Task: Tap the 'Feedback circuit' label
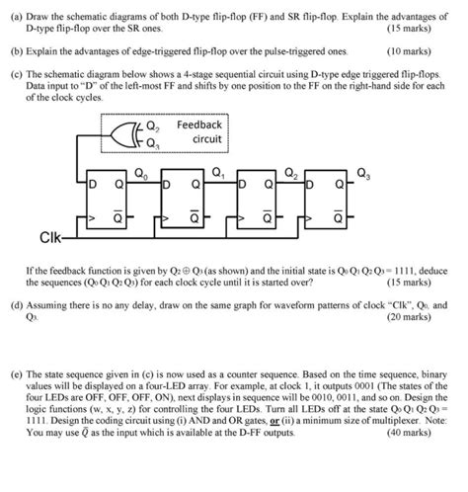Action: click(x=200, y=133)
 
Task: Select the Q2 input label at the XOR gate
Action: click(x=152, y=126)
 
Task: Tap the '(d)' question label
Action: click(x=18, y=305)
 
